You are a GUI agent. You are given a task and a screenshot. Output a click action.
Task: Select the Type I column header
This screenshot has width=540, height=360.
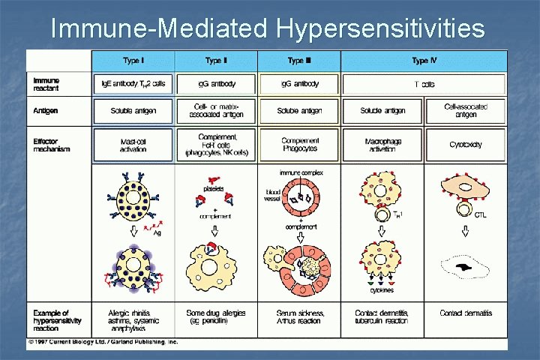tap(133, 60)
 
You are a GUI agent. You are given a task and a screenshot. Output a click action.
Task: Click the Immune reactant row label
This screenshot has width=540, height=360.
tap(47, 83)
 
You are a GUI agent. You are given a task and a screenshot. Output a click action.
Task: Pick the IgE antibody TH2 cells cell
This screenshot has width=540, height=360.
tap(133, 84)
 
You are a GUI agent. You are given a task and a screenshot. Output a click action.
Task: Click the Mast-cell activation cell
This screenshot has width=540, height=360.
tap(133, 145)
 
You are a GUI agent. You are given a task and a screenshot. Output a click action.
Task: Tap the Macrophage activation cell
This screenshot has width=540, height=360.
tap(382, 145)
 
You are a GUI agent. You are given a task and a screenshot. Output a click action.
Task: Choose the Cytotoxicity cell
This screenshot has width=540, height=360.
tap(466, 145)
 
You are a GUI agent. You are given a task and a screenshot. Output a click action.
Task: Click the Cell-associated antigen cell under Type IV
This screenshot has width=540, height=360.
tap(466, 111)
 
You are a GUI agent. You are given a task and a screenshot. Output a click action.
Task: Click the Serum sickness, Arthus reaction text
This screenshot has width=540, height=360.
tap(299, 316)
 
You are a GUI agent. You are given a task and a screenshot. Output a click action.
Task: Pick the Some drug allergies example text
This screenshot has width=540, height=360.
tap(217, 316)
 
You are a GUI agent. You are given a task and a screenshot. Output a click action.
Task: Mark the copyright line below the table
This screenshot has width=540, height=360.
tap(103, 342)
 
